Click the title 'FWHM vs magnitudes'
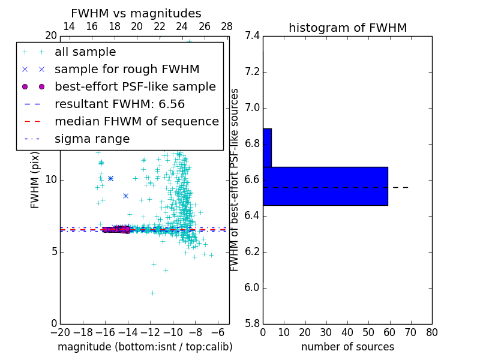click(136, 13)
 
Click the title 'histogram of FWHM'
click(347, 28)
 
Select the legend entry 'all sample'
click(85, 52)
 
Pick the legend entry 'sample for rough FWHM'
click(127, 70)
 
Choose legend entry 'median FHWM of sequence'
click(136, 122)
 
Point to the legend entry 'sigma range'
click(92, 139)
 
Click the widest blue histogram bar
click(325, 186)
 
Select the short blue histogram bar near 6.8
click(267, 148)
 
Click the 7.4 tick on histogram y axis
click(253, 36)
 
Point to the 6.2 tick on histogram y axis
click(253, 252)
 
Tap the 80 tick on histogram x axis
click(431, 332)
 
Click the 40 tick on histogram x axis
click(347, 332)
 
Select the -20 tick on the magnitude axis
click(60, 332)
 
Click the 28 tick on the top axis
click(227, 26)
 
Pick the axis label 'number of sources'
click(347, 347)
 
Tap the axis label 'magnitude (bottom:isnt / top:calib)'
click(145, 347)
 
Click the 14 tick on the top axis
click(69, 26)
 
